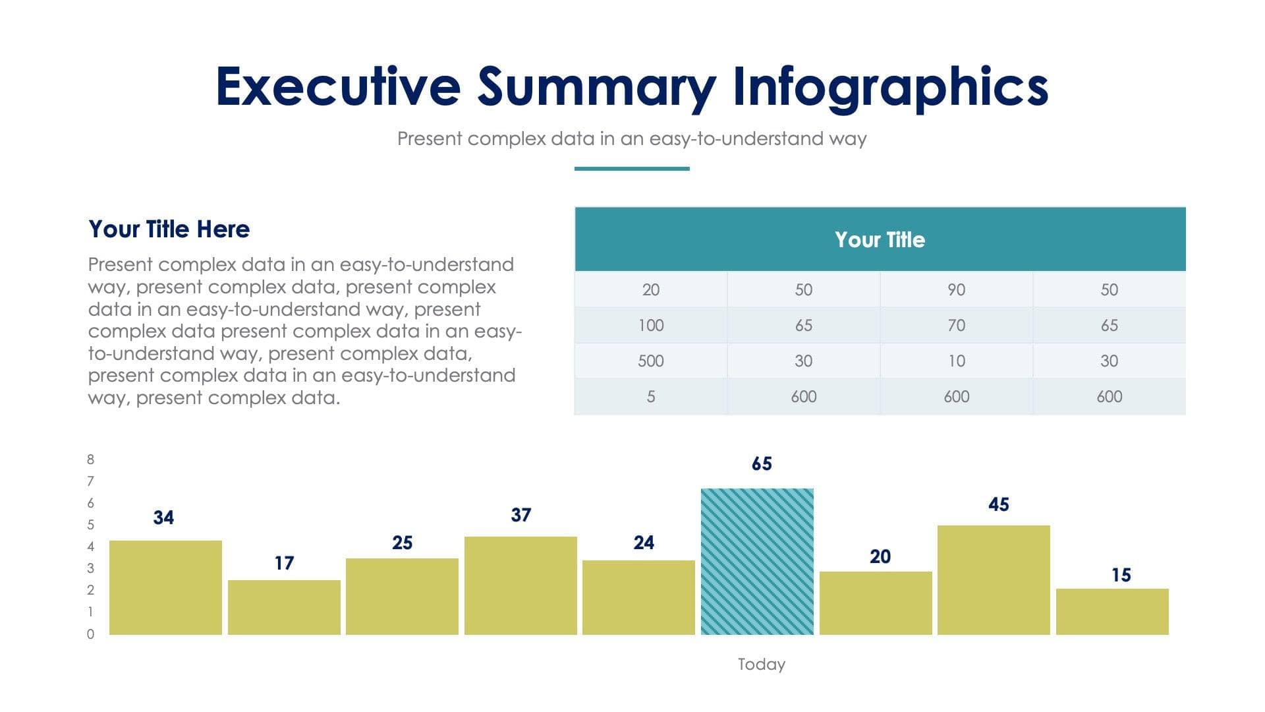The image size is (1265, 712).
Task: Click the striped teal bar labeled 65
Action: pyautogui.click(x=757, y=562)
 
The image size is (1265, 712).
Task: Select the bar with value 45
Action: pyautogui.click(x=994, y=580)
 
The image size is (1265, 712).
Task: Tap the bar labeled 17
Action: pyautogui.click(x=284, y=607)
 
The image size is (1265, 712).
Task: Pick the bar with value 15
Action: pyautogui.click(x=1112, y=612)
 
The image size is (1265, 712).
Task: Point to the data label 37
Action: pyautogui.click(x=520, y=515)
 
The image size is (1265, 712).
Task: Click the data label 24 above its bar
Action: pyautogui.click(x=644, y=543)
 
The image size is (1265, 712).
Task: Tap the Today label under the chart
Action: pyautogui.click(x=761, y=664)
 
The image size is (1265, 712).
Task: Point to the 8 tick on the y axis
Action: pyautogui.click(x=90, y=460)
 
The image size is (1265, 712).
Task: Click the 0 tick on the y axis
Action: pyautogui.click(x=90, y=634)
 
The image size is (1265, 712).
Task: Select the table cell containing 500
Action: pyautogui.click(x=650, y=361)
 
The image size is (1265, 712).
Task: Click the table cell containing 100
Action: pyautogui.click(x=650, y=325)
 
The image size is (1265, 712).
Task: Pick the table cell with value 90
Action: pyautogui.click(x=956, y=289)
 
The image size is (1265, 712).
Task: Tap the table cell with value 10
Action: pyautogui.click(x=956, y=361)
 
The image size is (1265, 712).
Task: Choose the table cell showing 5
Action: pyautogui.click(x=650, y=396)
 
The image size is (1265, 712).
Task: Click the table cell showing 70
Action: pyautogui.click(x=956, y=325)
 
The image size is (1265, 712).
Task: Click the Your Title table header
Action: pyautogui.click(x=880, y=239)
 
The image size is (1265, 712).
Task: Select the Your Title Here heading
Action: pyautogui.click(x=169, y=229)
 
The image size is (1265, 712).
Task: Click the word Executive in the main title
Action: pyautogui.click(x=337, y=86)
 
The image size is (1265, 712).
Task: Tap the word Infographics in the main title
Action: pyautogui.click(x=890, y=86)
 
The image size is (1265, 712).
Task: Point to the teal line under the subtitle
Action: pyautogui.click(x=631, y=169)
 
